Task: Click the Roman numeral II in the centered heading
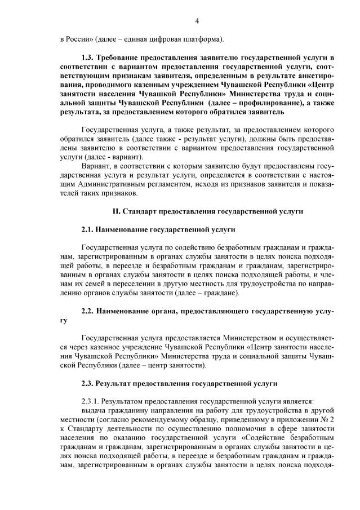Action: [116, 212]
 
